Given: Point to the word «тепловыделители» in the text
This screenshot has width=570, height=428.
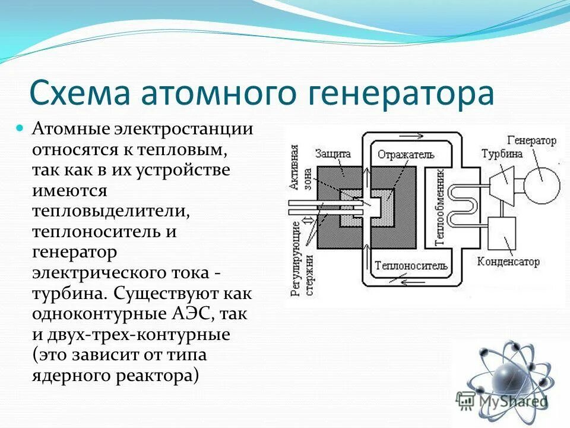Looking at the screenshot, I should [110, 212].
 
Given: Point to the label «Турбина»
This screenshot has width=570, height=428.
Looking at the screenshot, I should [502, 153].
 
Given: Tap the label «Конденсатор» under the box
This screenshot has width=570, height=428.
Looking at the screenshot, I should [508, 262].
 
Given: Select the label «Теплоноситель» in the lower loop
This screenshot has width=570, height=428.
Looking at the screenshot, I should [410, 265].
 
